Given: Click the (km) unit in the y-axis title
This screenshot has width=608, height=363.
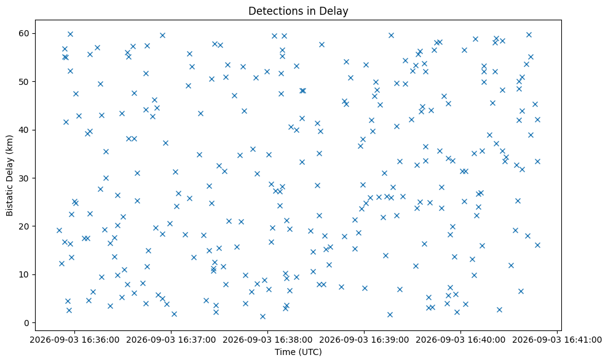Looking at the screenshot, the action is (x=10, y=145).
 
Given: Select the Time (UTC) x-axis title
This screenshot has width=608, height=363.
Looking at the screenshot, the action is (x=298, y=352).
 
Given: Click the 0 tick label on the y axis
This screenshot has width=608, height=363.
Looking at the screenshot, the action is (x=27, y=323).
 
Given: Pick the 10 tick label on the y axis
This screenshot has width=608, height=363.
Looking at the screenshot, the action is (x=25, y=274).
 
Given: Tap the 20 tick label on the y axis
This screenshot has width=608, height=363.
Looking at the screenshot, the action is (x=25, y=226).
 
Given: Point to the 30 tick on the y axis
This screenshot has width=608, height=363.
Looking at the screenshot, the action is (x=25, y=178).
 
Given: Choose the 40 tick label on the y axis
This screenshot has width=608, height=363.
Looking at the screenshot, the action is (x=25, y=130).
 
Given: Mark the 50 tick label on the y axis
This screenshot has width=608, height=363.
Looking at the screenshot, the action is (x=25, y=82).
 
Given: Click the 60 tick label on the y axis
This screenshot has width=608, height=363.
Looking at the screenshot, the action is (x=25, y=33).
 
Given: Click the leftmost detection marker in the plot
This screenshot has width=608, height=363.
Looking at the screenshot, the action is (x=59, y=230).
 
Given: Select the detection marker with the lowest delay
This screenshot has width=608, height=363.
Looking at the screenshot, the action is (x=263, y=316).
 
